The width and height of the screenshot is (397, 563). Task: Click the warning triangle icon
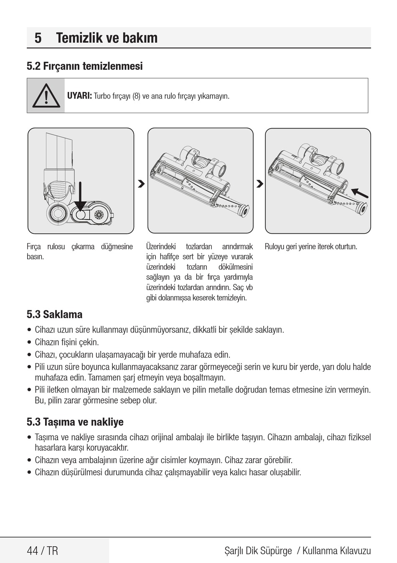click(x=46, y=96)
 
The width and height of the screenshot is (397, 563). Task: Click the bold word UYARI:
click(x=79, y=96)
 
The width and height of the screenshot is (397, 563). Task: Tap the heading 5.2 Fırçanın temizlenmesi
click(x=84, y=66)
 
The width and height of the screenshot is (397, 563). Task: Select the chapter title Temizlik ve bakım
click(x=107, y=38)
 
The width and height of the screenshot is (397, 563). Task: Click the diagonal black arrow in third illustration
click(x=360, y=193)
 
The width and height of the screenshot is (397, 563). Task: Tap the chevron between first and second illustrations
click(x=141, y=184)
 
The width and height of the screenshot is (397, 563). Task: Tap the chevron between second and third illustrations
click(x=260, y=184)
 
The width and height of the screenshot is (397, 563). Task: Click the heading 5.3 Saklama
click(x=54, y=314)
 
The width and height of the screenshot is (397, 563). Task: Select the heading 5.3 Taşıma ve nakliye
click(x=75, y=422)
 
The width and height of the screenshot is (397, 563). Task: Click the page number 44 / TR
click(x=42, y=551)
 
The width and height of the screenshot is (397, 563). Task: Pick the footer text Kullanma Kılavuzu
click(x=336, y=551)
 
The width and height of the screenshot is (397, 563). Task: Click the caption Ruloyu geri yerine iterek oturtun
click(x=311, y=246)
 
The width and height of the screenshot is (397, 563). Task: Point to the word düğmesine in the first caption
click(x=117, y=246)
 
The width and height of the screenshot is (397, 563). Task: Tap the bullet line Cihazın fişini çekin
click(x=67, y=342)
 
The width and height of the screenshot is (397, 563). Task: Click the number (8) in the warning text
click(x=136, y=96)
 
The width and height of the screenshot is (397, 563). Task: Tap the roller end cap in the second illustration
click(x=243, y=211)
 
